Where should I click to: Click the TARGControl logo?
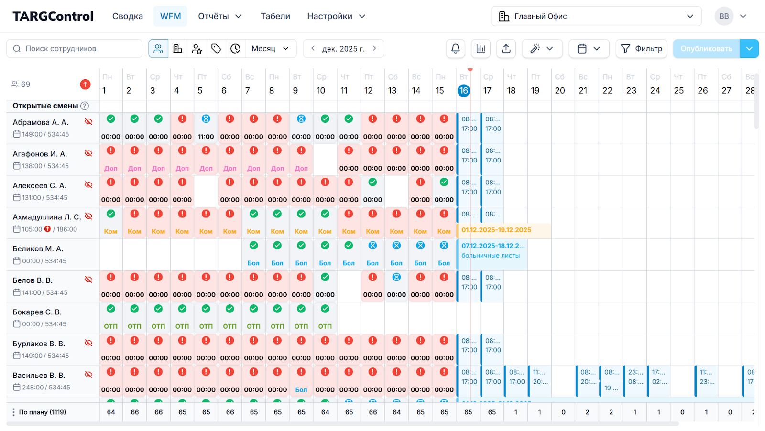click(53, 16)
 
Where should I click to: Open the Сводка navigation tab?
click(128, 16)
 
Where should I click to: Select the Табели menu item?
click(275, 16)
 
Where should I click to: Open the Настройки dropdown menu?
click(336, 16)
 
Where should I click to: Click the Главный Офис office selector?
click(596, 16)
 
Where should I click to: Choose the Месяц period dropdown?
click(270, 49)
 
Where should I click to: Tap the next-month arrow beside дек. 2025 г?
click(374, 48)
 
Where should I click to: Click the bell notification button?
click(456, 49)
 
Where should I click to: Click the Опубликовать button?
click(706, 49)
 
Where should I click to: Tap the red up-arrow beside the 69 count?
click(85, 85)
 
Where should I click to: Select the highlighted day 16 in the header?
click(463, 91)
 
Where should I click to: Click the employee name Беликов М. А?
click(38, 249)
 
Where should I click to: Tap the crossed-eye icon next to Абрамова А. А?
click(88, 121)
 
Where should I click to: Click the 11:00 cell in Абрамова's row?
click(206, 137)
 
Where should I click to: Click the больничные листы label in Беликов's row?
click(491, 256)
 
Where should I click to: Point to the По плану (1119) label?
click(43, 412)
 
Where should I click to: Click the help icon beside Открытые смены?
click(85, 106)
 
